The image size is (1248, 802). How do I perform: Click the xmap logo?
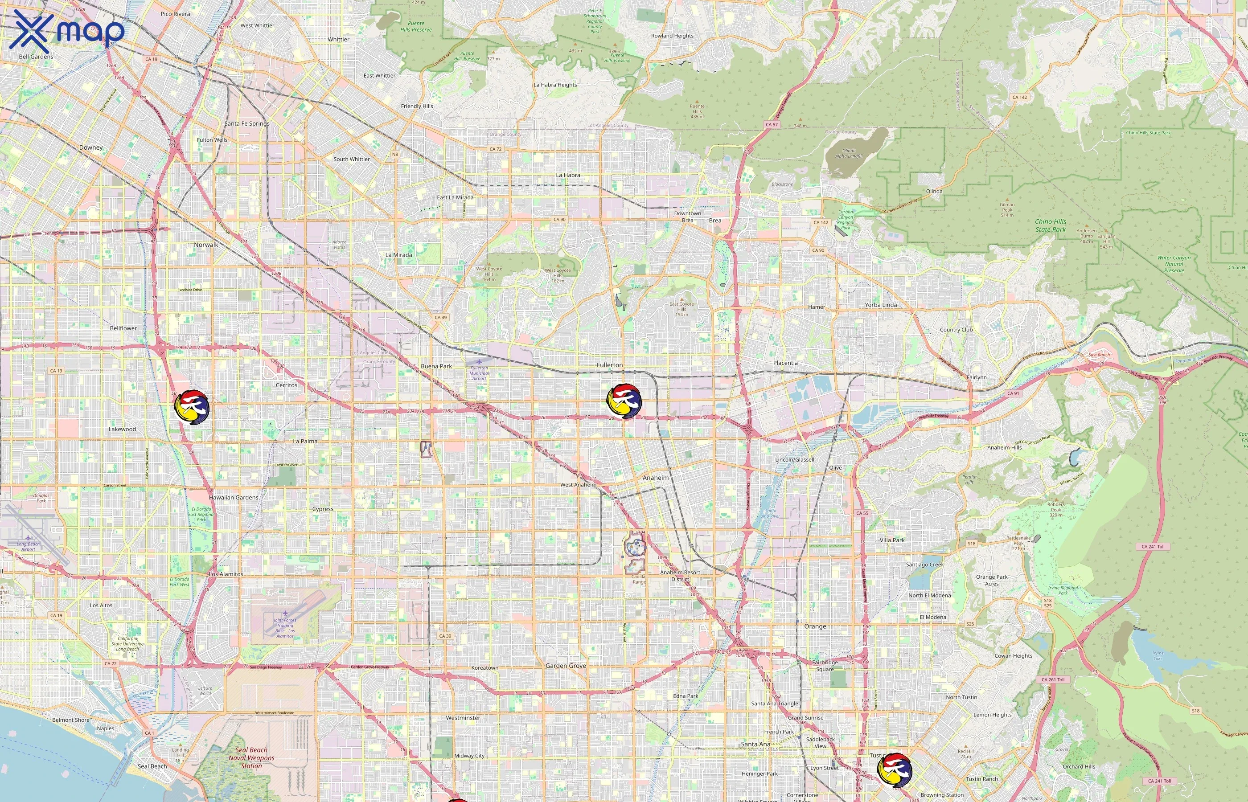point(67,31)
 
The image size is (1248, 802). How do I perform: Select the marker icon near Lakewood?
point(192,408)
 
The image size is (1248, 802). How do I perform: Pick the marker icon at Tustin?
point(895,769)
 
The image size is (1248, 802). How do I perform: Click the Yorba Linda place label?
point(881,305)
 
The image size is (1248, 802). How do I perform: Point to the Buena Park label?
point(436,366)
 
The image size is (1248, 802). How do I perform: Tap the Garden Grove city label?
point(566,666)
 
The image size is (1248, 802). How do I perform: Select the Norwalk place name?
point(206,245)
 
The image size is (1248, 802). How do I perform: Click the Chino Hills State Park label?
point(1050,225)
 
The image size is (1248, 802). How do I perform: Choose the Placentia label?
point(785,363)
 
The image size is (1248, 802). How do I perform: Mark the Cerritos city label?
point(287,385)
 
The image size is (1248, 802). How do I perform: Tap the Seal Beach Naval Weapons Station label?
point(251,758)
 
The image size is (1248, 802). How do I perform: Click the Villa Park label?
point(892,540)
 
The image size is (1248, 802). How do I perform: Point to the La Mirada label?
point(398,255)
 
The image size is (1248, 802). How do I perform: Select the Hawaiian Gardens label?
point(234,497)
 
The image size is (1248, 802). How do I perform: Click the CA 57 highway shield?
point(772,124)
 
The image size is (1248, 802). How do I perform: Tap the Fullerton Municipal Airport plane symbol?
point(479,362)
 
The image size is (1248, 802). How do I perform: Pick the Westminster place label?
point(463,718)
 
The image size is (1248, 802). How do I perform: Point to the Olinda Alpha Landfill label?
point(849,153)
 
